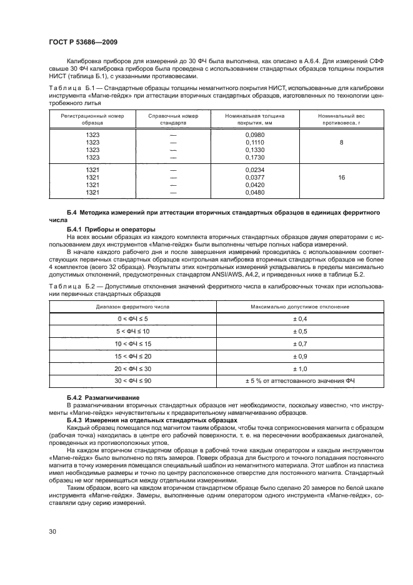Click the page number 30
[x=54, y=531]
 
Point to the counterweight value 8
[x=341, y=143]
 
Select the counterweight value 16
[x=341, y=178]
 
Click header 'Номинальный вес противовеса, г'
[x=341, y=120]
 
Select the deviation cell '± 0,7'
[x=300, y=343]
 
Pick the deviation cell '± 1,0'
[x=300, y=368]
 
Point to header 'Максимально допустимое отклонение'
[x=300, y=307]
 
